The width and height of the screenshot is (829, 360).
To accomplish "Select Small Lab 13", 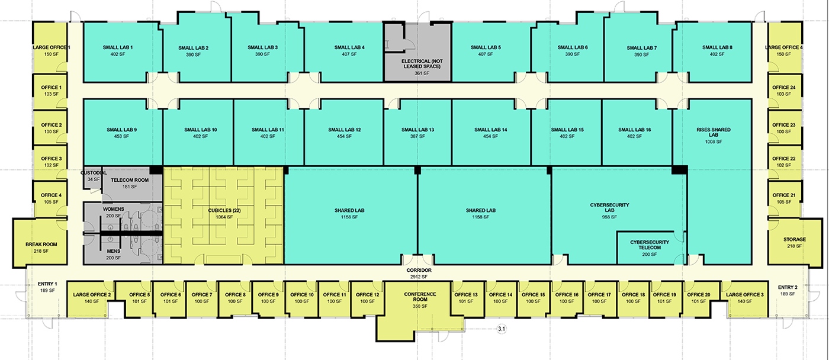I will [417, 133].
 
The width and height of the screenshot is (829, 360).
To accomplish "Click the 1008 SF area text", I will [717, 142].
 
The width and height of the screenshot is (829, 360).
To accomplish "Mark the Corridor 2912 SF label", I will [419, 272].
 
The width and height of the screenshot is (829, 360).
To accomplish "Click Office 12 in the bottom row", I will [368, 298].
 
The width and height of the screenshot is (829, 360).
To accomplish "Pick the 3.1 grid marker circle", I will [503, 328].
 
